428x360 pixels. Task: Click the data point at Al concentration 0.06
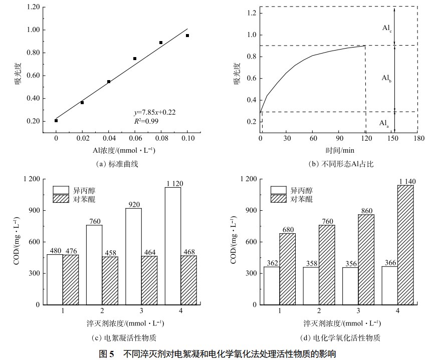click(x=135, y=59)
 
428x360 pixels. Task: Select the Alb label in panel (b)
click(x=386, y=78)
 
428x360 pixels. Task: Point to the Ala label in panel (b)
click(x=384, y=123)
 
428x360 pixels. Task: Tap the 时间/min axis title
click(x=338, y=150)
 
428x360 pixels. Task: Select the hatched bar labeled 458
click(x=110, y=280)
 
